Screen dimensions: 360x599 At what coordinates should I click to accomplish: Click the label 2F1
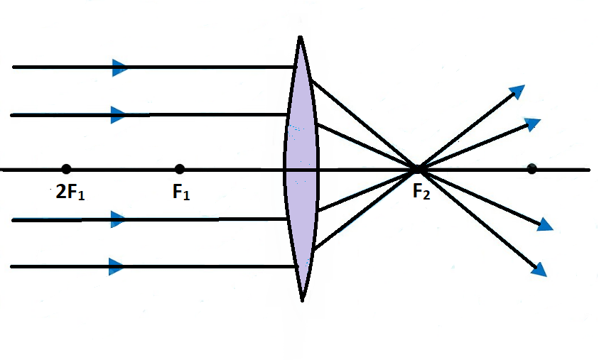tap(70, 192)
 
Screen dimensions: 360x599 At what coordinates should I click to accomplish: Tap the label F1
tap(181, 192)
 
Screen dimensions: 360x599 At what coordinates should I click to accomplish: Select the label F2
tap(421, 192)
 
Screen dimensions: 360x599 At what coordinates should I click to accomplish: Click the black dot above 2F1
tap(66, 169)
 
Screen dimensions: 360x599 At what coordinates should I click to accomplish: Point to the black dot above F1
tap(180, 169)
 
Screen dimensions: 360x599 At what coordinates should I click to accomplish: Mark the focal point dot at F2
tap(419, 169)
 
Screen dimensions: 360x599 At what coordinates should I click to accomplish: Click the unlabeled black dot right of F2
tap(531, 169)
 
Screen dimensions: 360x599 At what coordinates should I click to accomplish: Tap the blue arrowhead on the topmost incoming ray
tap(119, 67)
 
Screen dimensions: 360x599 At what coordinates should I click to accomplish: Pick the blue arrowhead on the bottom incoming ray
tap(117, 267)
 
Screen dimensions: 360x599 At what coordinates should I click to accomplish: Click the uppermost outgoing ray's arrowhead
tap(517, 92)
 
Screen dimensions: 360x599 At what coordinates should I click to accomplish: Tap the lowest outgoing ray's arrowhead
tap(540, 269)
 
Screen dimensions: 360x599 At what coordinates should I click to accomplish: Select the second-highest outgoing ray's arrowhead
tap(532, 124)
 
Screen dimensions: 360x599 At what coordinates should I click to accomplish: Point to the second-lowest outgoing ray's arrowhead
tap(544, 224)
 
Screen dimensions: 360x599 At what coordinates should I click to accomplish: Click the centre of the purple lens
tap(301, 169)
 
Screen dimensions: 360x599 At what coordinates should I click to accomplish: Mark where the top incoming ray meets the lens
tap(296, 67)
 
